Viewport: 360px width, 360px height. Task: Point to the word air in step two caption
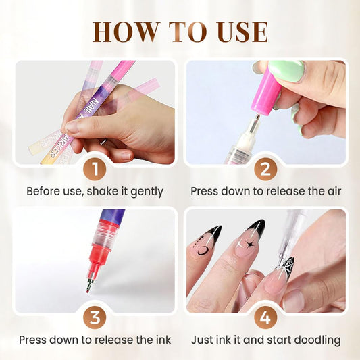330,191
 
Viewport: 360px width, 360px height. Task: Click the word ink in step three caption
161,340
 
